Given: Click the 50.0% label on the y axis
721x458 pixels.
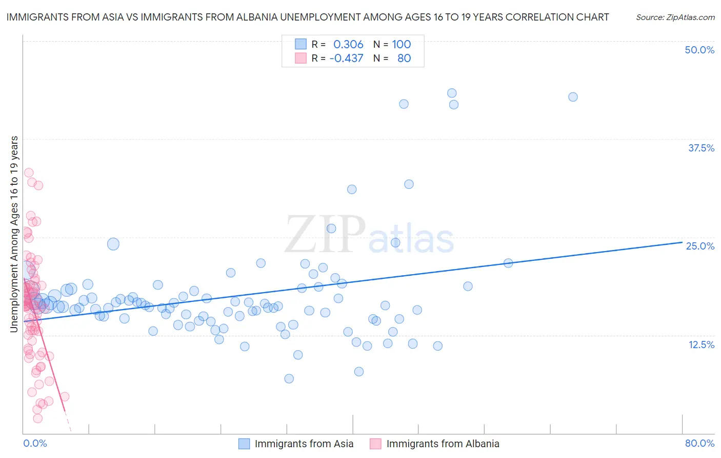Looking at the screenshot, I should tap(699, 50).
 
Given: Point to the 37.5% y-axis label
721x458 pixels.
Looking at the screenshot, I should tap(701, 148).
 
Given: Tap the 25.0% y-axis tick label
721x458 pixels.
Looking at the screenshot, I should tap(700, 246).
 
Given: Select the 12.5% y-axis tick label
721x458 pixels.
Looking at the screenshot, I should tap(701, 345).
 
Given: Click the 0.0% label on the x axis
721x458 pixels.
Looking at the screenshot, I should tap(35, 443).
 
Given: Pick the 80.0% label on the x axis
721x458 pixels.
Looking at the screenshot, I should tap(699, 443).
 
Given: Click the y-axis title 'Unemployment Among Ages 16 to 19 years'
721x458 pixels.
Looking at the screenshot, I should tap(14, 234).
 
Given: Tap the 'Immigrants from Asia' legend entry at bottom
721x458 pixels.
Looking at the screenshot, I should tap(304, 444).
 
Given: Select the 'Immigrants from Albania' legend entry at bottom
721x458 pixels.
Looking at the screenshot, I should tap(443, 444).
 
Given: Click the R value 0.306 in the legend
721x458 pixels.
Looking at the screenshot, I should tap(348, 44).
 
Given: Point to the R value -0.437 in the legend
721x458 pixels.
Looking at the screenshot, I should tap(346, 58).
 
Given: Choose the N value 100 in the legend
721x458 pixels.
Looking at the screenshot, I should tap(402, 44).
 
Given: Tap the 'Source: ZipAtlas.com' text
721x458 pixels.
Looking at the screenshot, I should tap(675, 17).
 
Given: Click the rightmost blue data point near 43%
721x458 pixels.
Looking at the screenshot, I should tap(573, 97).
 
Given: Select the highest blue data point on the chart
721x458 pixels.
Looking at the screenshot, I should tap(452, 93).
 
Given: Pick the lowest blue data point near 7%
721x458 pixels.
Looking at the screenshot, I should tap(289, 378).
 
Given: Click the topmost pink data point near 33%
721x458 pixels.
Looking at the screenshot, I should tap(29, 173).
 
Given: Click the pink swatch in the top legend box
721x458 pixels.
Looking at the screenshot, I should tap(301, 58).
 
